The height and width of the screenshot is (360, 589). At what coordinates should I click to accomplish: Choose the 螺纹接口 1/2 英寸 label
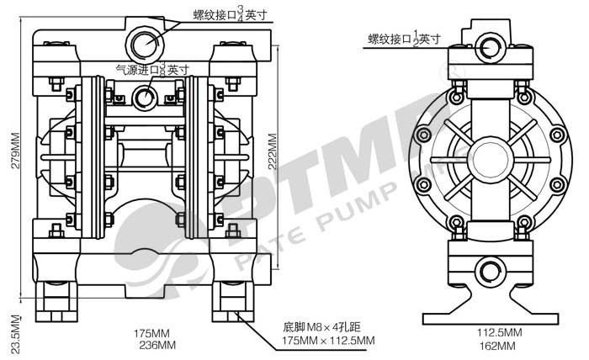(x=404, y=38)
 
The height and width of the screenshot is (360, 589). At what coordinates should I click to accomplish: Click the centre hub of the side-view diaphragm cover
(x=488, y=156)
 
